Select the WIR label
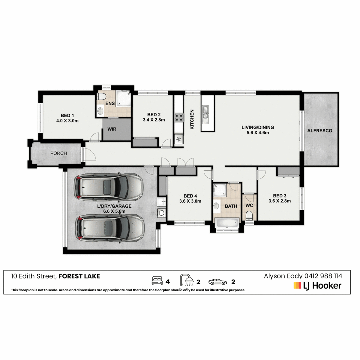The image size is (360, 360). pyautogui.click(x=112, y=129)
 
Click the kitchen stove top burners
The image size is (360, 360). pyautogui.click(x=179, y=118)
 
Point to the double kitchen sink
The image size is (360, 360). pyautogui.click(x=205, y=112)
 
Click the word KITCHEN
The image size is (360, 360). pyautogui.click(x=192, y=119)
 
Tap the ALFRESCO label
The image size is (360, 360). pyautogui.click(x=319, y=131)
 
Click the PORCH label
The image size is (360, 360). pyautogui.click(x=58, y=153)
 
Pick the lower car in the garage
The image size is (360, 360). pyautogui.click(x=110, y=228)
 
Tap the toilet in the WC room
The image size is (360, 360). pyautogui.click(x=249, y=216)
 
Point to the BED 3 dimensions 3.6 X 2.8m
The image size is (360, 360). pyautogui.click(x=280, y=201)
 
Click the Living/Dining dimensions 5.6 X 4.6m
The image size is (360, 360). pyautogui.click(x=258, y=133)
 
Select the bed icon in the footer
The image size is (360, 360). pyautogui.click(x=157, y=280)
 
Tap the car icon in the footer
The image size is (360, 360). pyautogui.click(x=217, y=282)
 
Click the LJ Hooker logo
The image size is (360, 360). pyautogui.click(x=317, y=286)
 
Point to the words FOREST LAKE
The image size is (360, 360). pyautogui.click(x=79, y=276)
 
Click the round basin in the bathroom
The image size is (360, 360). pyautogui.click(x=216, y=206)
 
